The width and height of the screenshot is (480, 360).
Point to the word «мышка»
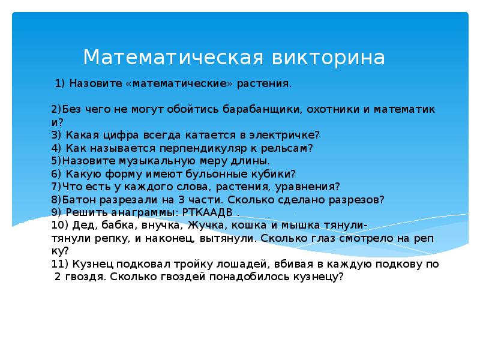[x=297, y=225]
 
